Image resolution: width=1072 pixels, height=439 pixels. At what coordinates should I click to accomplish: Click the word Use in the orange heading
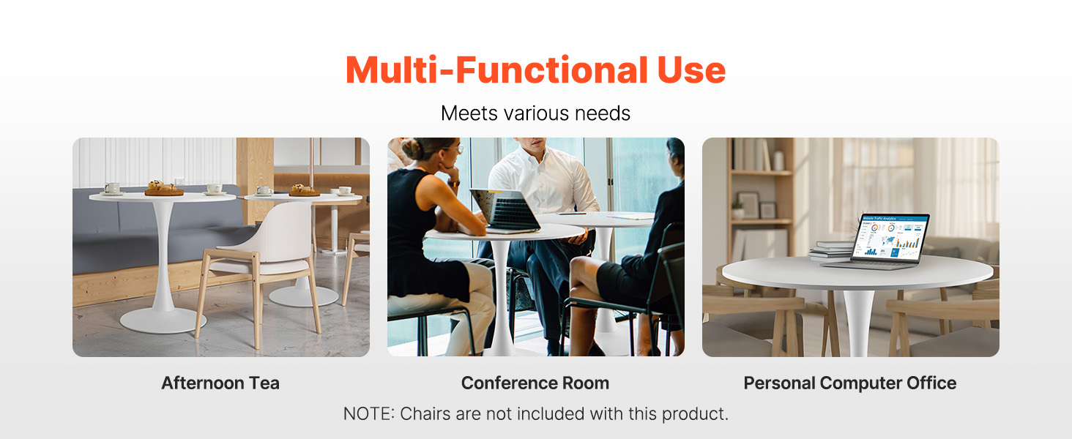(x=691, y=70)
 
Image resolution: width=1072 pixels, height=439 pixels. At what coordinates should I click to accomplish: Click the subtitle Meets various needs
(x=535, y=113)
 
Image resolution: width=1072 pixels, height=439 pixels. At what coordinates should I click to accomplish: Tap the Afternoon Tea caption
(x=220, y=383)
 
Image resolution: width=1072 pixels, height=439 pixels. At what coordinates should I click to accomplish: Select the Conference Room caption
(x=535, y=383)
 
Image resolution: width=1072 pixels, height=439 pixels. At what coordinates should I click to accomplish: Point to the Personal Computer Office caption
(x=850, y=383)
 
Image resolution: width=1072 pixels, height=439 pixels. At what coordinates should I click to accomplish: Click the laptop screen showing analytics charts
(x=890, y=238)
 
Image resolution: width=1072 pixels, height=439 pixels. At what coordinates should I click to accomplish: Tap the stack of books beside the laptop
(x=832, y=250)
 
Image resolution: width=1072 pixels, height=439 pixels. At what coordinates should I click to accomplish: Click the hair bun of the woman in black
(x=412, y=149)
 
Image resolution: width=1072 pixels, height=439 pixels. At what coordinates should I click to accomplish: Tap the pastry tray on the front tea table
(x=164, y=189)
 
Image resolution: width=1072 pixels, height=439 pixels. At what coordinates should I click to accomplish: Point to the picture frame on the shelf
(x=748, y=205)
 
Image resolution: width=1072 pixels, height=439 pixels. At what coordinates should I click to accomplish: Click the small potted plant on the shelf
(x=737, y=210)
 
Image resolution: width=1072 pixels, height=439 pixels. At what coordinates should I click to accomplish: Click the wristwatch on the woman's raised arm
(x=453, y=183)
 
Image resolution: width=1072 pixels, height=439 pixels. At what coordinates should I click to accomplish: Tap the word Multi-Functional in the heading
(x=496, y=70)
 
